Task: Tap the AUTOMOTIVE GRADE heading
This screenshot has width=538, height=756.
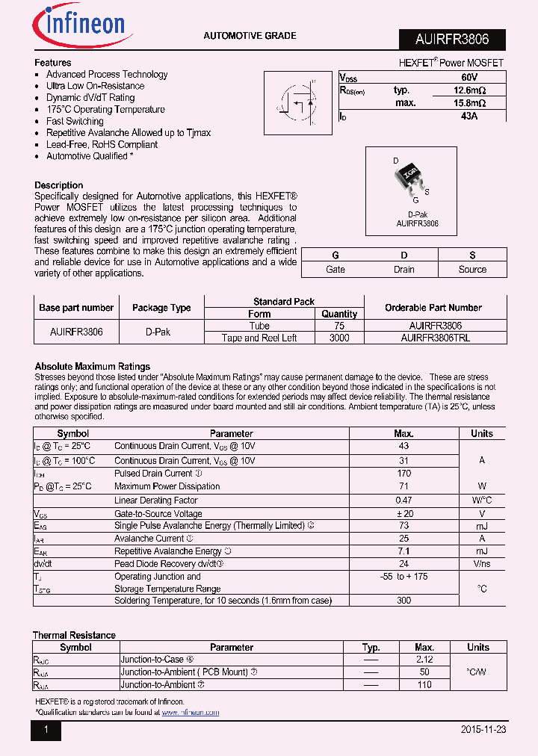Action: (250, 36)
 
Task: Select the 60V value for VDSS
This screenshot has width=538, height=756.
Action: (469, 78)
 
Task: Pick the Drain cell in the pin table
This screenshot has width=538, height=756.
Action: (403, 270)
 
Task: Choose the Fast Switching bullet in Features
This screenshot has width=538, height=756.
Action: (75, 121)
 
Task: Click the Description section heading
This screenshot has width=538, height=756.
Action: (59, 185)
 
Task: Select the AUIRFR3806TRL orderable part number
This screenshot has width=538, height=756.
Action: (435, 338)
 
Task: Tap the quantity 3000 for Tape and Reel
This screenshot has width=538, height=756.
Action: (339, 338)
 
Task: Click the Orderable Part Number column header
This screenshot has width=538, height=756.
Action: (433, 308)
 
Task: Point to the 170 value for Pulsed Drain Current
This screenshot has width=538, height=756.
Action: (403, 474)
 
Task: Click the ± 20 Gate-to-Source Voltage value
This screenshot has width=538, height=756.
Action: (403, 514)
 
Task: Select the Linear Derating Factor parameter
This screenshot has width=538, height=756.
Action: (156, 501)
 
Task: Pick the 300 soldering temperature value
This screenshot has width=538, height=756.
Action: (403, 600)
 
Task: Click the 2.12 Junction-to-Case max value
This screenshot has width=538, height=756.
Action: (424, 660)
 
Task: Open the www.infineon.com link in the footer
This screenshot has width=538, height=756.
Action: (191, 713)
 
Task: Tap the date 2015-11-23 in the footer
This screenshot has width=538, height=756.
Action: (483, 730)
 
